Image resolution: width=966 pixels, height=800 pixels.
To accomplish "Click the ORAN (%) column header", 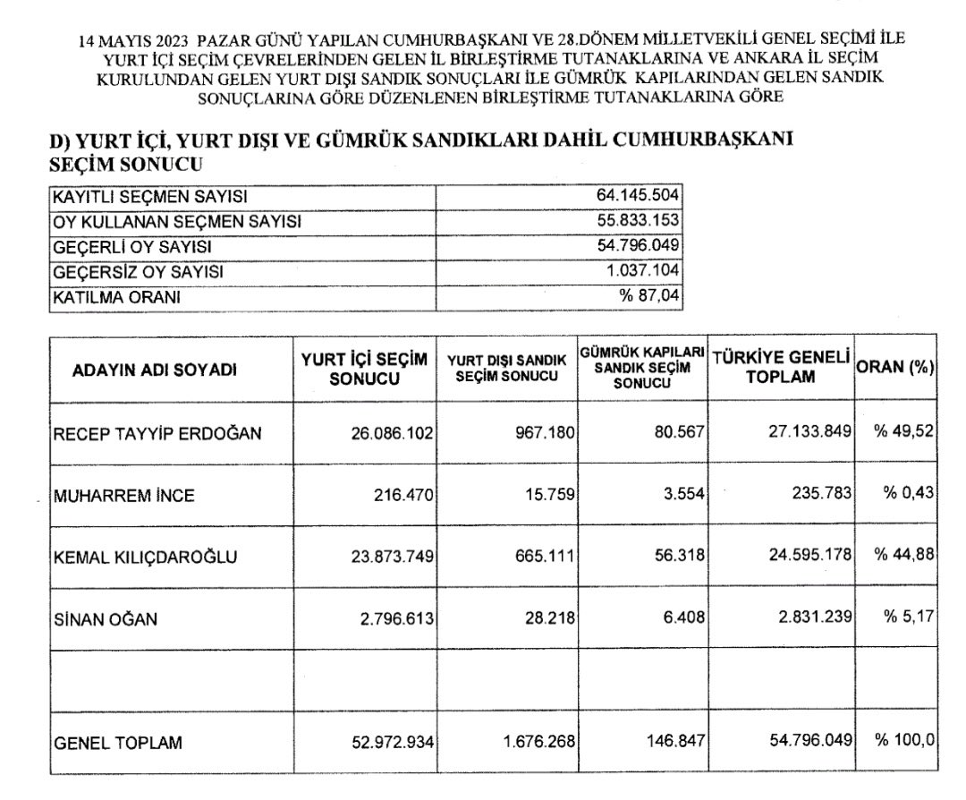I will [895, 368].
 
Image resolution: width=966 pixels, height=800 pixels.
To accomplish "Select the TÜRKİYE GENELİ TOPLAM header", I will [780, 368].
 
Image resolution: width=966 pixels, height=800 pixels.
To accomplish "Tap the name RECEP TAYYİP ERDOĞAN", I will [159, 434].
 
